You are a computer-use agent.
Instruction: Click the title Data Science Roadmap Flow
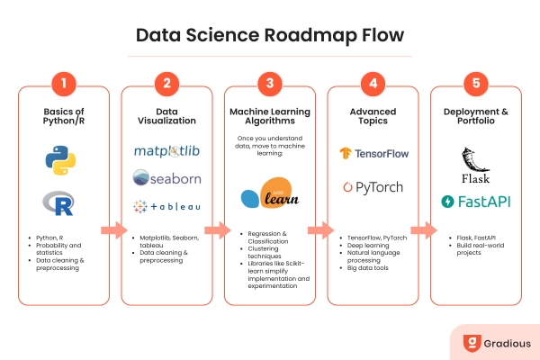270,36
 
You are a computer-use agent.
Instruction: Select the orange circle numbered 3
270,85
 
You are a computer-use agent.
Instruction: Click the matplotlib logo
167,151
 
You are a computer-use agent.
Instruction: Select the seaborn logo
167,178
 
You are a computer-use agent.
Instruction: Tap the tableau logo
167,206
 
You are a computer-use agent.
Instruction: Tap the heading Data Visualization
167,114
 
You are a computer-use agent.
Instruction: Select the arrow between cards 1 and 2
115,230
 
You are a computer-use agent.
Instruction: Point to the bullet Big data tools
373,268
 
